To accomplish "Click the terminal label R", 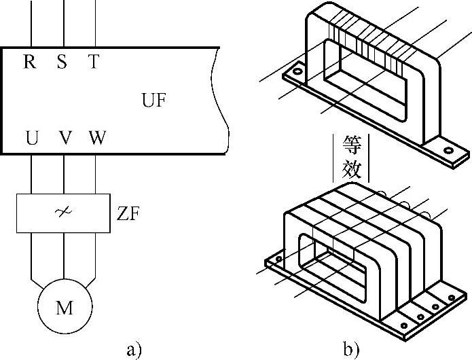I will [x=29, y=62].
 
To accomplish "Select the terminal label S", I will [x=62, y=62].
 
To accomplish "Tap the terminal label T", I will [x=93, y=62].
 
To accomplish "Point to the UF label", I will [x=154, y=101].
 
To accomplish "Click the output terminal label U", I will [x=31, y=139].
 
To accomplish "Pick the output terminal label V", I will [x=65, y=139].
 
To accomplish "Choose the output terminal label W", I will [x=97, y=139].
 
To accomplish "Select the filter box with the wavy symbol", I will [x=63, y=213].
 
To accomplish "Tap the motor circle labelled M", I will [x=64, y=308].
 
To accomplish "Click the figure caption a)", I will [x=133, y=350].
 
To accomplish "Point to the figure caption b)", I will [x=351, y=350].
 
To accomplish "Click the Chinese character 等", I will [x=352, y=145].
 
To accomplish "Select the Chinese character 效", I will [x=352, y=168].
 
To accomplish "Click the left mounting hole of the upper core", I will [x=296, y=71].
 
